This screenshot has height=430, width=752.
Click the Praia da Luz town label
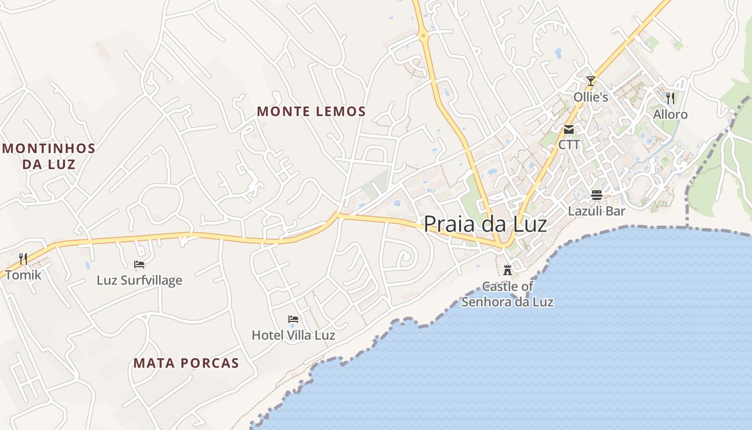coord(485,224)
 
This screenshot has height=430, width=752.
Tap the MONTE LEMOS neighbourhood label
coord(311,112)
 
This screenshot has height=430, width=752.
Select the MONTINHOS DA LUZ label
coord(49,156)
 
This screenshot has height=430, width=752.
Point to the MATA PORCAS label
coord(186,363)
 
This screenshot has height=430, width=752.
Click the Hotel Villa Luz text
coord(293,335)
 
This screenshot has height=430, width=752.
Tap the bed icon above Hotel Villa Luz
coord(293,319)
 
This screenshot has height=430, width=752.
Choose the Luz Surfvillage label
coord(139,280)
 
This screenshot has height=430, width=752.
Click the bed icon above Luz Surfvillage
coord(139,264)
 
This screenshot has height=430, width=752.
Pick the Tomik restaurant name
coord(23,275)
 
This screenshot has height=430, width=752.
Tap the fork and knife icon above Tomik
coord(23,259)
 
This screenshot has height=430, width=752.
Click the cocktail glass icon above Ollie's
coord(591,81)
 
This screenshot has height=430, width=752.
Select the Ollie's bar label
coord(591,97)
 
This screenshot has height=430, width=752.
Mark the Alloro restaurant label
coord(670,114)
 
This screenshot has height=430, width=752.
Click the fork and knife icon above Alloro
coord(670,98)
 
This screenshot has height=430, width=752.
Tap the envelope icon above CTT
coord(569,130)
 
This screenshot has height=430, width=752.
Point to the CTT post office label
coord(569,145)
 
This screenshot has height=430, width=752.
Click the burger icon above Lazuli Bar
coord(597,195)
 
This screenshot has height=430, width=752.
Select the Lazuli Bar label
coord(597,211)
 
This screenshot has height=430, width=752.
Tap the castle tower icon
coord(507,270)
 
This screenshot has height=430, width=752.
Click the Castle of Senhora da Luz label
coord(507,294)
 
